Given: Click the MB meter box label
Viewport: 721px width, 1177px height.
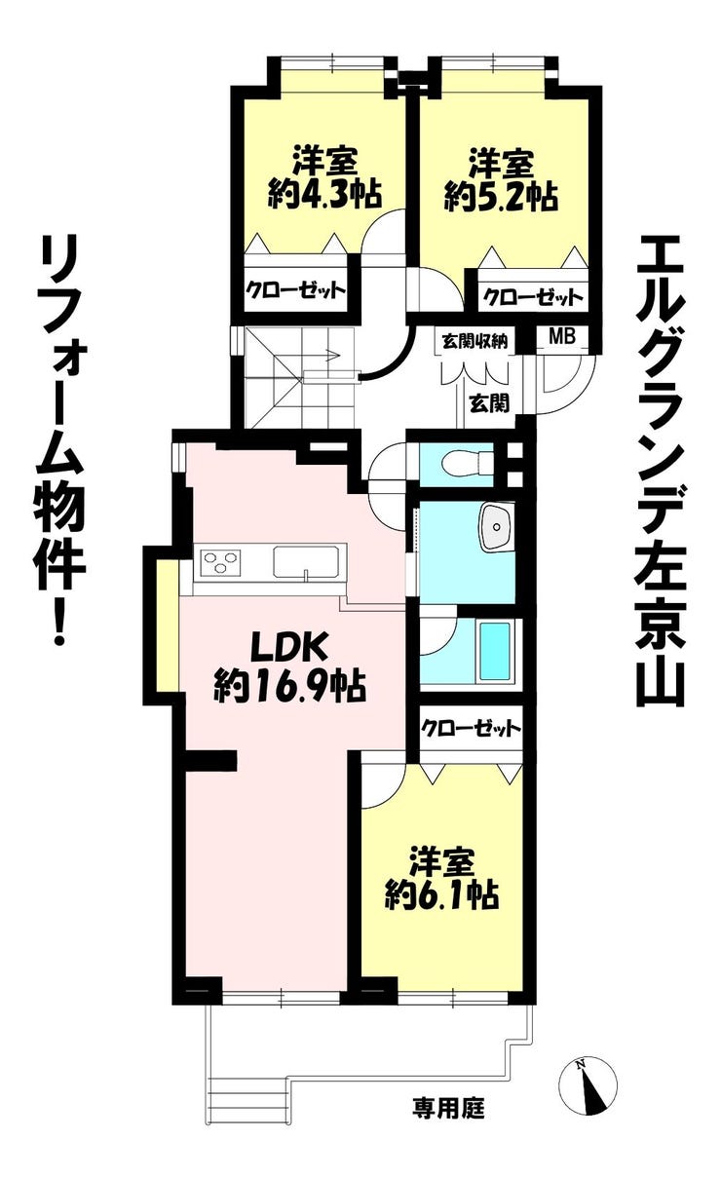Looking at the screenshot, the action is pos(561,336).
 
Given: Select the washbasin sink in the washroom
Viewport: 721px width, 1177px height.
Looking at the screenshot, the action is pos(496,527).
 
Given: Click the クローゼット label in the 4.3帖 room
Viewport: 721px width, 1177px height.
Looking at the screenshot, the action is pos(296,289).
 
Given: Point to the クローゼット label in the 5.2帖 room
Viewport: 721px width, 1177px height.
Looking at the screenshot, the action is pos(533,298).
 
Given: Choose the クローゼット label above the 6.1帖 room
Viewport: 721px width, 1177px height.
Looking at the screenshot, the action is pos(471,729).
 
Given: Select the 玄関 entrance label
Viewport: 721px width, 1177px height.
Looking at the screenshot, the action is pos(489,403).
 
